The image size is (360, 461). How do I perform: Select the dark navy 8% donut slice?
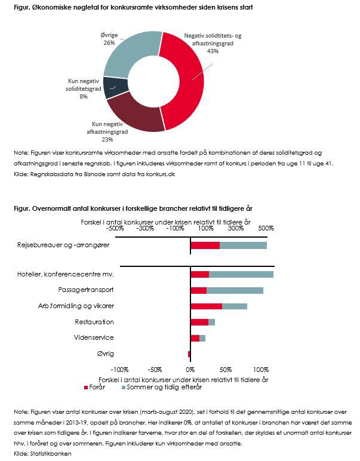[115, 87]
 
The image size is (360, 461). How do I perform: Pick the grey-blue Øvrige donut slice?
[130, 53]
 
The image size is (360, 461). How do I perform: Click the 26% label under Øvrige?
[109, 42]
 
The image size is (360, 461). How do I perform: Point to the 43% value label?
[213, 51]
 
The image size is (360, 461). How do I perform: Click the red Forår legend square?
[86, 388]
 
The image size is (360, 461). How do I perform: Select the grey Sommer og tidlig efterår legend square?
[124, 388]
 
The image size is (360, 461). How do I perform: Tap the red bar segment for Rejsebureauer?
[205, 245]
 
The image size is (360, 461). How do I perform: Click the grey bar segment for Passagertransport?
[235, 290]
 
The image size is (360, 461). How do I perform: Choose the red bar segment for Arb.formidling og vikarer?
[207, 306]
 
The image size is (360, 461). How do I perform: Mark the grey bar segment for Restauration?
[211, 322]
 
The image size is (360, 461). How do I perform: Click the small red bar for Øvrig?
[189, 354]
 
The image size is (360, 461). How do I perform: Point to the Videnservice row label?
[94, 337]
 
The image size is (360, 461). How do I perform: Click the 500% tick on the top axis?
[266, 228]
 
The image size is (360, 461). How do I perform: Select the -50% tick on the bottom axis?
[155, 370]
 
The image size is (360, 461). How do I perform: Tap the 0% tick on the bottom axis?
[190, 370]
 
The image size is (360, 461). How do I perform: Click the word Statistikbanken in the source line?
[51, 454]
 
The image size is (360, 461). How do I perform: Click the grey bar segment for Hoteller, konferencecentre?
[241, 274]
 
